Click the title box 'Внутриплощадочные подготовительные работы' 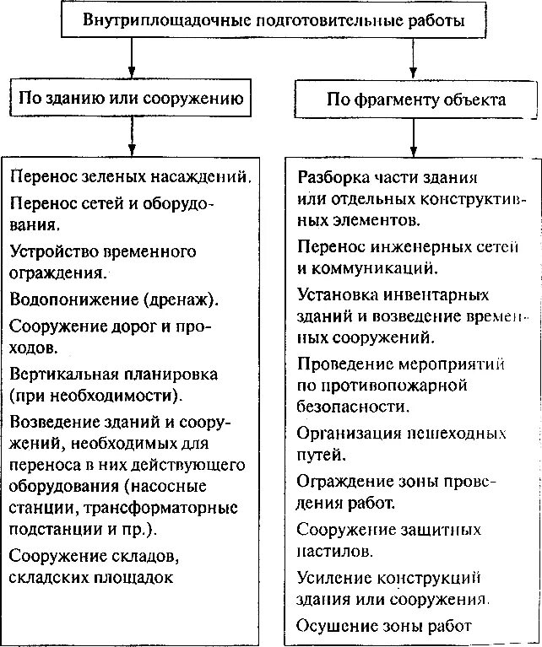pyautogui.click(x=273, y=20)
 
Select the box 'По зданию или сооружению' pyautogui.click(x=131, y=99)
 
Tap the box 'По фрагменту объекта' pyautogui.click(x=415, y=100)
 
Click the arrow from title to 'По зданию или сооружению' pyautogui.click(x=131, y=57)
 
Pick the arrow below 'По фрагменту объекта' pyautogui.click(x=413, y=135)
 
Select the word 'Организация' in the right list pyautogui.click(x=347, y=434)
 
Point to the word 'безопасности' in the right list pyautogui.click(x=354, y=406)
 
